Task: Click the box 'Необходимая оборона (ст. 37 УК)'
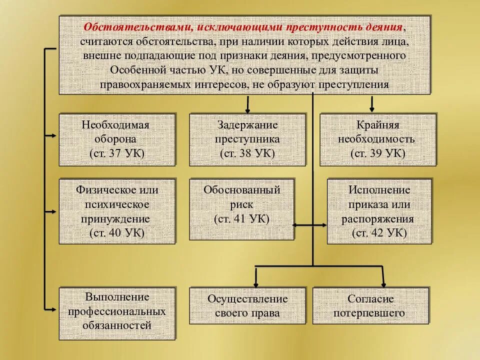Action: click(117, 139)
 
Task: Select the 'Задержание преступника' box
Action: click(247, 139)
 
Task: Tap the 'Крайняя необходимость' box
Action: click(377, 139)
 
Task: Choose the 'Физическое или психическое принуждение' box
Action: click(117, 211)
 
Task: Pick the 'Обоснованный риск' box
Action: click(241, 209)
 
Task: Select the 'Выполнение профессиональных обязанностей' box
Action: click(117, 313)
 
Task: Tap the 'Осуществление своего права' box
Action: click(247, 305)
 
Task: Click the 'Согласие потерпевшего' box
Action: click(370, 305)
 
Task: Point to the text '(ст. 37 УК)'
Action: click(117, 153)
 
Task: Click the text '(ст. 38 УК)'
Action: click(247, 153)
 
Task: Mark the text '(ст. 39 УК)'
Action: click(377, 153)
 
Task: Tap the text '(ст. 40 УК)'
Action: click(117, 232)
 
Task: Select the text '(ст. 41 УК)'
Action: click(241, 218)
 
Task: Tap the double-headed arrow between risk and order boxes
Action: click(310, 225)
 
